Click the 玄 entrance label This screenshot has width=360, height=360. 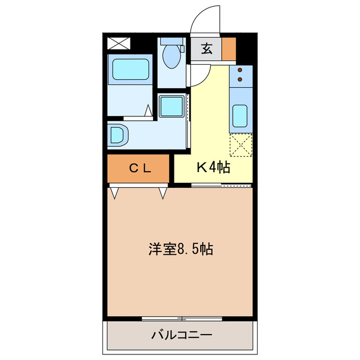pyautogui.click(x=206, y=49)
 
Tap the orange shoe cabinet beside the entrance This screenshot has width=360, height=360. pyautogui.click(x=228, y=49)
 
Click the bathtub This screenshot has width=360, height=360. pyautogui.click(x=130, y=70)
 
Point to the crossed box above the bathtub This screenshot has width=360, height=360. pyautogui.click(x=118, y=43)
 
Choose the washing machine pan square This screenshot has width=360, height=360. pyautogui.click(x=171, y=106)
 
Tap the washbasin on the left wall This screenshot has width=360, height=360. pyautogui.click(x=119, y=134)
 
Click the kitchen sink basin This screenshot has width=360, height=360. pyautogui.click(x=241, y=116)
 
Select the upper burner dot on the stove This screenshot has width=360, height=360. pyautogui.click(x=241, y=71)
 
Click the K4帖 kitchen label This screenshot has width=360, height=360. pyautogui.click(x=213, y=167)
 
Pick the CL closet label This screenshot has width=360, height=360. pyautogui.click(x=138, y=168)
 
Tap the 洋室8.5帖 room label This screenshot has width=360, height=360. pyautogui.click(x=180, y=249)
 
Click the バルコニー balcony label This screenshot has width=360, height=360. pyautogui.click(x=181, y=336)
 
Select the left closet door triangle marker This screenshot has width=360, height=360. pyautogui.click(x=115, y=193)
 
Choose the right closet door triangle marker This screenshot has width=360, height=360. pyautogui.click(x=163, y=193)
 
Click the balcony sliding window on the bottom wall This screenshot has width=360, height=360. pyautogui.click(x=181, y=318)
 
